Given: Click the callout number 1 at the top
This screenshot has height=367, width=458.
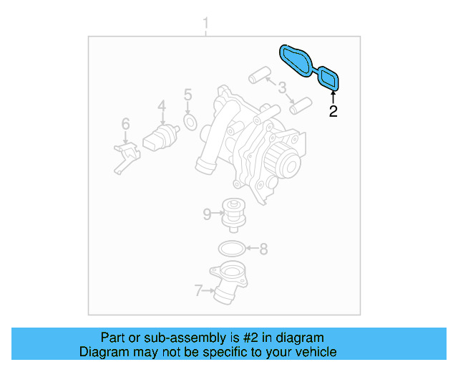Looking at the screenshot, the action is coord(206,26).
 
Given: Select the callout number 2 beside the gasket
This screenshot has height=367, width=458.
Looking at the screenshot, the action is coord(333,111).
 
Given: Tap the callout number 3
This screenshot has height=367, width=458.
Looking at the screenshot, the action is coord(283,90).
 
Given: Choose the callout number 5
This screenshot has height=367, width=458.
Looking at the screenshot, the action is coord(187,95).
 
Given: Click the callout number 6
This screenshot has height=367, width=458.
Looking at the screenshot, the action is coord(125,124).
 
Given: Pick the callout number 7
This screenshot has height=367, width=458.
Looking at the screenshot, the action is coord(198,290).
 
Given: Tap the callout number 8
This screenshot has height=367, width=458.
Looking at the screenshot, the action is coord(263,249).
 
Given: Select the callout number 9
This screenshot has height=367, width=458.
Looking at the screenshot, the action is coord(207,213).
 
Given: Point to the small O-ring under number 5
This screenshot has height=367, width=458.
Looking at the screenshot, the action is coord(190,123).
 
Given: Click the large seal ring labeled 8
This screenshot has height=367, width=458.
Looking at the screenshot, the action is coord(229,249).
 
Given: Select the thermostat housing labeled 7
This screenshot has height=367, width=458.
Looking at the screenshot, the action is coord(228,282).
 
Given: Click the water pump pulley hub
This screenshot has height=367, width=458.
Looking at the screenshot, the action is coord(290,166).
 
